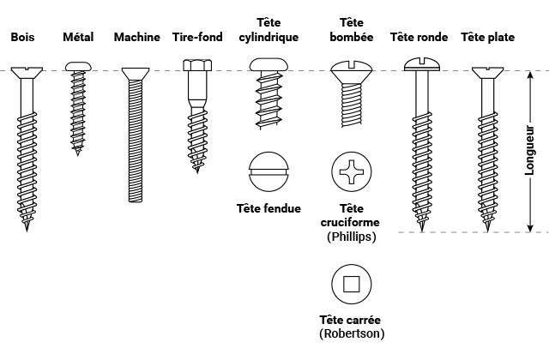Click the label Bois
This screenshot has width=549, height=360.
tap(21, 38)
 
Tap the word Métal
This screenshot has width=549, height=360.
tap(78, 38)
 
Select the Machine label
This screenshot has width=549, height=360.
tap(136, 38)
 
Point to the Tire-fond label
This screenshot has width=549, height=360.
tap(197, 38)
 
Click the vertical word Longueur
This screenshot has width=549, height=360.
tap(529, 153)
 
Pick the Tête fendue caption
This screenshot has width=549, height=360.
tap(268, 208)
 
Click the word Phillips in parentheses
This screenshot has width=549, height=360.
tap(352, 236)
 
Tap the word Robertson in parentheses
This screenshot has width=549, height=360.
tap(352, 333)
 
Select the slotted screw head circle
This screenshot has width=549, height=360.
tap(268, 172)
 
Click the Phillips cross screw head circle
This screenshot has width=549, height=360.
tap(352, 172)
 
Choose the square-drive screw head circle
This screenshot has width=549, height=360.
tap(352, 284)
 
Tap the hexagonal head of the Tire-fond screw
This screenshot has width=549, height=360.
tap(198, 64)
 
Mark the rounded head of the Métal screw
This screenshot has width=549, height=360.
tap(78, 65)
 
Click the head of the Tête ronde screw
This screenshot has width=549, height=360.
tap(423, 63)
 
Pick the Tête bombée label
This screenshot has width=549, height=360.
tap(352, 29)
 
